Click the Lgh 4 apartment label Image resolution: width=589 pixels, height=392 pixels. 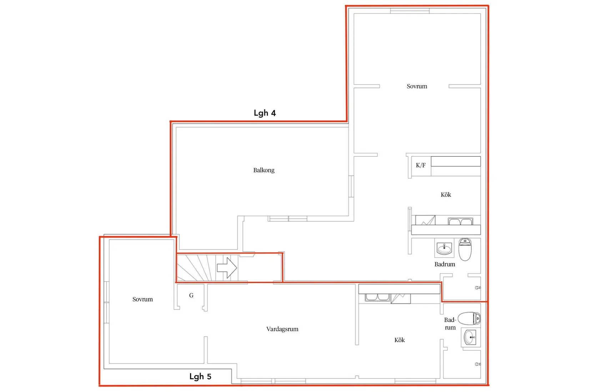265,113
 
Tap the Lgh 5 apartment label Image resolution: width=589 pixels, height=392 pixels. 200,377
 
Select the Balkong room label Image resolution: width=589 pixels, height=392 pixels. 264,170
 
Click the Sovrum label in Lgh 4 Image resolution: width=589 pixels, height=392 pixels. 417,86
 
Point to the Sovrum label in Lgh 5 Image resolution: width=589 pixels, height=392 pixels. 142,299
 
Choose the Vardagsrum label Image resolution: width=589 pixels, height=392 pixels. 282,329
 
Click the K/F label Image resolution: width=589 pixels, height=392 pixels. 421,165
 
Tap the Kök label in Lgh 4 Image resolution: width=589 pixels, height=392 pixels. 446,195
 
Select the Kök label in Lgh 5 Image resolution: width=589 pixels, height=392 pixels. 399,340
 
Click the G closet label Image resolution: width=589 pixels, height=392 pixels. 191,295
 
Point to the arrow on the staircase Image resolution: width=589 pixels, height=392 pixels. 227,268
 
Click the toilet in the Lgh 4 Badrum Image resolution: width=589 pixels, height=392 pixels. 465,249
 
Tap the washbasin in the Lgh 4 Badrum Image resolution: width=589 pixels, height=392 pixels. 444,248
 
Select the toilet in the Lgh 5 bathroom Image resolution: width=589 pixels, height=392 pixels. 469,319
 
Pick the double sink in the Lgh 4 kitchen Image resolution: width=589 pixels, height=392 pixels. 460,221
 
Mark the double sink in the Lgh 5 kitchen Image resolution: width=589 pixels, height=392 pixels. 377,298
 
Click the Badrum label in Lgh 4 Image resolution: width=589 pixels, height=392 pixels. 445,264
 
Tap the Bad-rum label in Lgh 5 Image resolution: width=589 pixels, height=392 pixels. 450,324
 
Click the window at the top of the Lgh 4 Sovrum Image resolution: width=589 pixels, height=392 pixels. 410,11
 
